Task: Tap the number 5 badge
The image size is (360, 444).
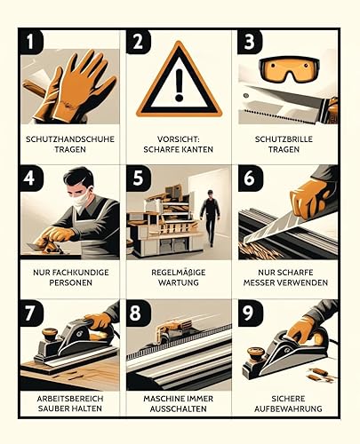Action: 139,178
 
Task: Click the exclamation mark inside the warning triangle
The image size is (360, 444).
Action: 179,85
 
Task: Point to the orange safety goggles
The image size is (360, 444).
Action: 289,69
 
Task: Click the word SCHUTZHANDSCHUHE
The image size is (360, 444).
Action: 70,139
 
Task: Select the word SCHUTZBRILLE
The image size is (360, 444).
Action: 284,139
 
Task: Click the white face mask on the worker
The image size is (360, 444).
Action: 82,199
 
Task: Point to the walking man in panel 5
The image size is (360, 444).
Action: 210,218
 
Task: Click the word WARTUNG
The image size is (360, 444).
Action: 179,282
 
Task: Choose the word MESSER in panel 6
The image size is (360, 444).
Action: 258,282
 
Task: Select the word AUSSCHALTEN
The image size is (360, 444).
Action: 178,408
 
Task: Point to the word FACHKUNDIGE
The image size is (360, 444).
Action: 77,273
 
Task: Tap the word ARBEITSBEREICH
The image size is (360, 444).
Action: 70,399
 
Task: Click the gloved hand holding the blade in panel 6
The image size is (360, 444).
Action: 310,197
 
